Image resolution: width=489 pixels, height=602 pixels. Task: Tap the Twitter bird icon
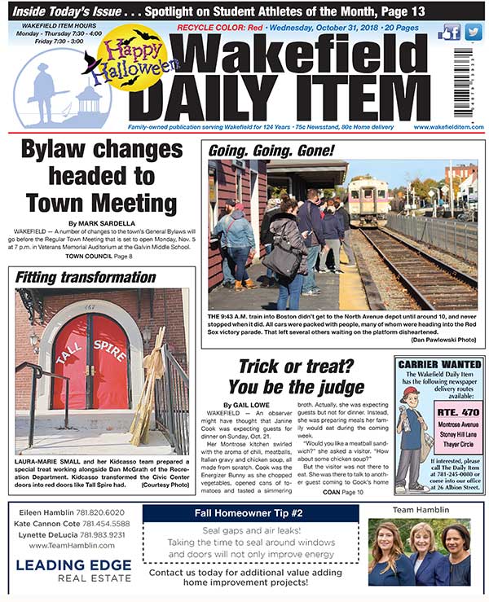click(472, 33)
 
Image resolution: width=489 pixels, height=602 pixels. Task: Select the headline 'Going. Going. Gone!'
click(271, 151)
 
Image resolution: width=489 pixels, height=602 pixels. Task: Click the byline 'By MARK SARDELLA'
click(103, 222)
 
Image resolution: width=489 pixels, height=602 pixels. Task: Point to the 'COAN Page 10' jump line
click(341, 493)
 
